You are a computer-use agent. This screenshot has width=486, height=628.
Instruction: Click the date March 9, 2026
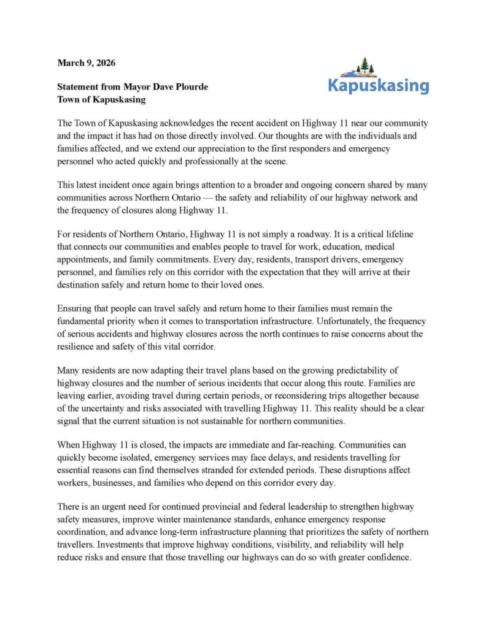click(x=86, y=63)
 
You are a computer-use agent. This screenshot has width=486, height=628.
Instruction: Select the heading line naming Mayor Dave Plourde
click(x=133, y=87)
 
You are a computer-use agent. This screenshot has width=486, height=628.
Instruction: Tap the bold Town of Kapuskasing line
click(x=101, y=99)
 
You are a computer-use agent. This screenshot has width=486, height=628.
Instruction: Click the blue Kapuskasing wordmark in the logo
click(x=378, y=85)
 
